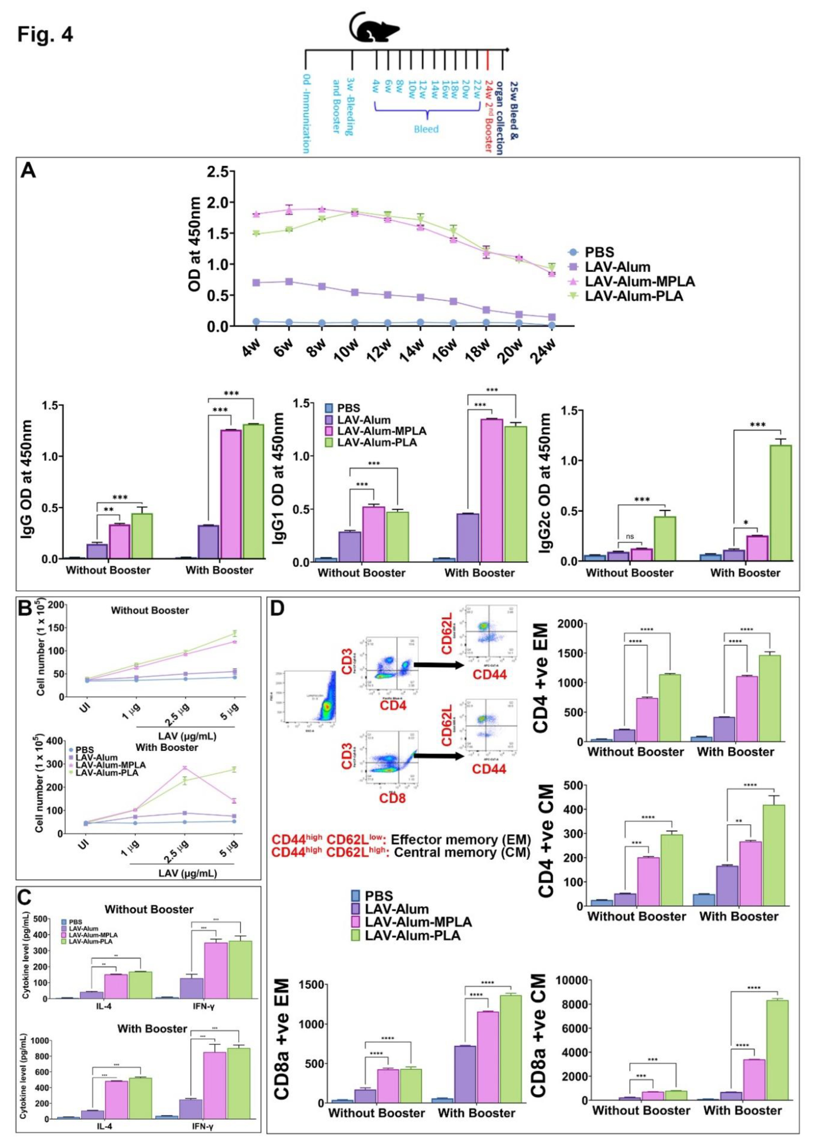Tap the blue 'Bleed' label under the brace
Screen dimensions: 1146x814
(426, 129)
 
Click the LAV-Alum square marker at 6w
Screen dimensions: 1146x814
(289, 282)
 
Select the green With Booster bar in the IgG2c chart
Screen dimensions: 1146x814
(780, 502)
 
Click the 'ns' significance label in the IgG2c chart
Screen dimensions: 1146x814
(630, 536)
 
